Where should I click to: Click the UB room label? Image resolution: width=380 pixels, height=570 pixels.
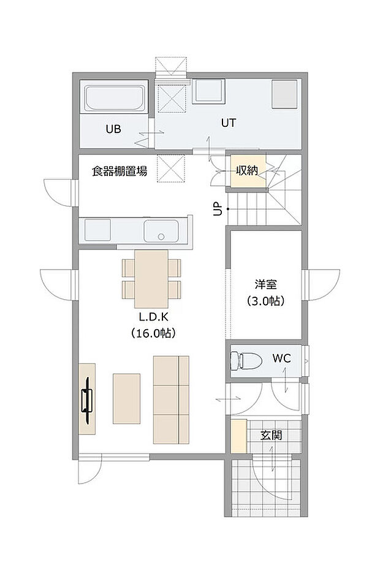coord(113,129)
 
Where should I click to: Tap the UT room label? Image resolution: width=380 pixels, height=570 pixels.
coord(229,123)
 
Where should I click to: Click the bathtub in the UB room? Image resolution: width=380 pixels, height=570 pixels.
coord(115,99)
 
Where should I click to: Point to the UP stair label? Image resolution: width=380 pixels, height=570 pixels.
coord(217,210)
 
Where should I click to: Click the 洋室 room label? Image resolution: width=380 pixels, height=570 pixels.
coord(266,284)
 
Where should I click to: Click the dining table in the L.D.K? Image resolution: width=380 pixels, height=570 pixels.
coord(151,278)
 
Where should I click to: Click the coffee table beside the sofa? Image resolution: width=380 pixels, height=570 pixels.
coord(126,398)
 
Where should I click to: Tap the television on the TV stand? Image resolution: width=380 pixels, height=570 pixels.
coord(88,400)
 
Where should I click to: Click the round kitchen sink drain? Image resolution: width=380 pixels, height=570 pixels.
coord(161,236)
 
